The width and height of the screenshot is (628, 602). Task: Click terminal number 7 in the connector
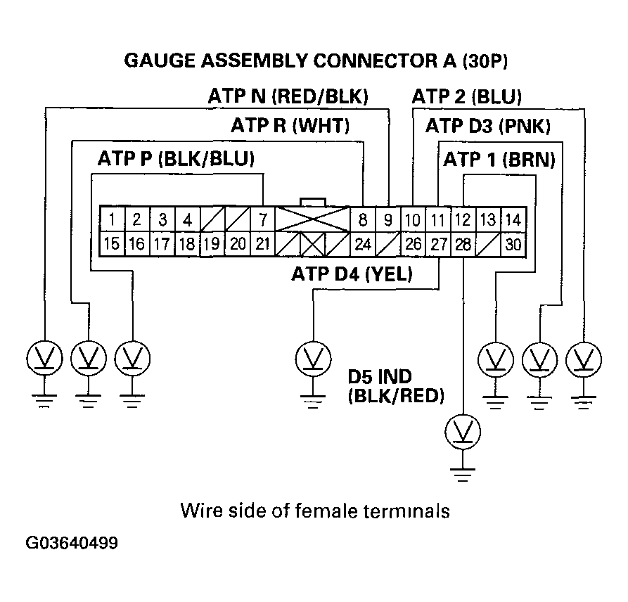click(262, 219)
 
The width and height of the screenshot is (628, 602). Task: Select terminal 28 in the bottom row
click(462, 245)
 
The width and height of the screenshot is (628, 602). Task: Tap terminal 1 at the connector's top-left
click(113, 219)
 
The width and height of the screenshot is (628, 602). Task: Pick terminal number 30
click(513, 245)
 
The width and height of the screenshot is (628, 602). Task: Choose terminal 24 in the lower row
click(362, 245)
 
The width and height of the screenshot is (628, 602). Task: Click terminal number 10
click(413, 219)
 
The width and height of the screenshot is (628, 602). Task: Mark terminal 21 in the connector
click(262, 245)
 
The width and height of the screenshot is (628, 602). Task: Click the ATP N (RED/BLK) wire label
click(288, 96)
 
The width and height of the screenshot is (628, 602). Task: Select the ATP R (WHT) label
click(290, 127)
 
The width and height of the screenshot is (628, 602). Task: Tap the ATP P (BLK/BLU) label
click(176, 160)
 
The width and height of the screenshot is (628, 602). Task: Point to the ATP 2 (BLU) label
click(466, 96)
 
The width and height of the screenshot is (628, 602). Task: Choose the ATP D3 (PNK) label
click(487, 127)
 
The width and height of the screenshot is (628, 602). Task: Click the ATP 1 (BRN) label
click(499, 160)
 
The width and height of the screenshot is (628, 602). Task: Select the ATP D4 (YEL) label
click(352, 273)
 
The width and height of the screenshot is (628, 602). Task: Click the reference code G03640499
click(71, 544)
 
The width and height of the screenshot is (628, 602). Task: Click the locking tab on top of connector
click(312, 201)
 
